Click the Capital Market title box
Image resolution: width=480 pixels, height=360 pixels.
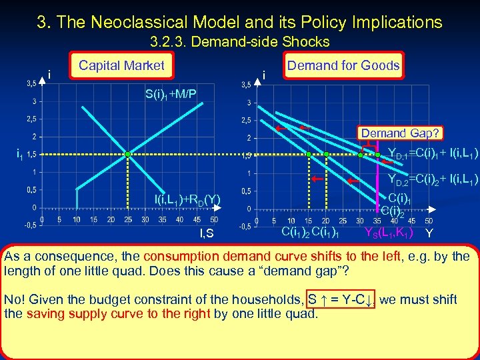(121, 65)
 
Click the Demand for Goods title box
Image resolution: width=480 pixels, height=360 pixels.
(343, 65)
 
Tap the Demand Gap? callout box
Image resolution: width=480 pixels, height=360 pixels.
(400, 133)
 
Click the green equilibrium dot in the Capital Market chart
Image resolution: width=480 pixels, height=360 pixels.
(128, 154)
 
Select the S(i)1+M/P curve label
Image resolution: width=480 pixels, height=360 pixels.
(171, 93)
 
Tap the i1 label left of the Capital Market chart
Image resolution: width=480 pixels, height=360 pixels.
(19, 154)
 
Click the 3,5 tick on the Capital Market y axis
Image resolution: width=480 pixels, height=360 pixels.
(31, 83)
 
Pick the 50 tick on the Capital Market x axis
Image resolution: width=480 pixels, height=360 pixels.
(213, 219)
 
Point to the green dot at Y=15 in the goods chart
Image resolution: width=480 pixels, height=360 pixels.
(309, 154)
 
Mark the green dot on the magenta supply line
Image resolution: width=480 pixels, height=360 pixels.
(377, 154)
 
